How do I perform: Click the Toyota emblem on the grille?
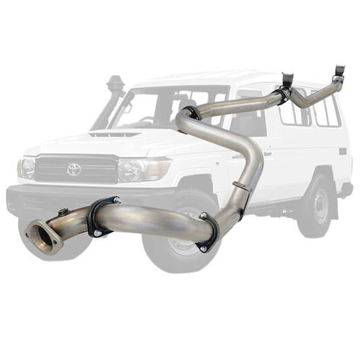click(73, 169)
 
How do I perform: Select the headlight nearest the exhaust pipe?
click(134, 170)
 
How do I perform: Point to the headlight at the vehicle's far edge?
click(27, 168)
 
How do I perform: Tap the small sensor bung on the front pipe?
click(63, 212)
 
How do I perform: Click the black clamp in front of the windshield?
click(192, 113)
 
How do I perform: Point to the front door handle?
click(268, 153)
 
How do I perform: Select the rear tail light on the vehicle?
click(343, 152)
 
